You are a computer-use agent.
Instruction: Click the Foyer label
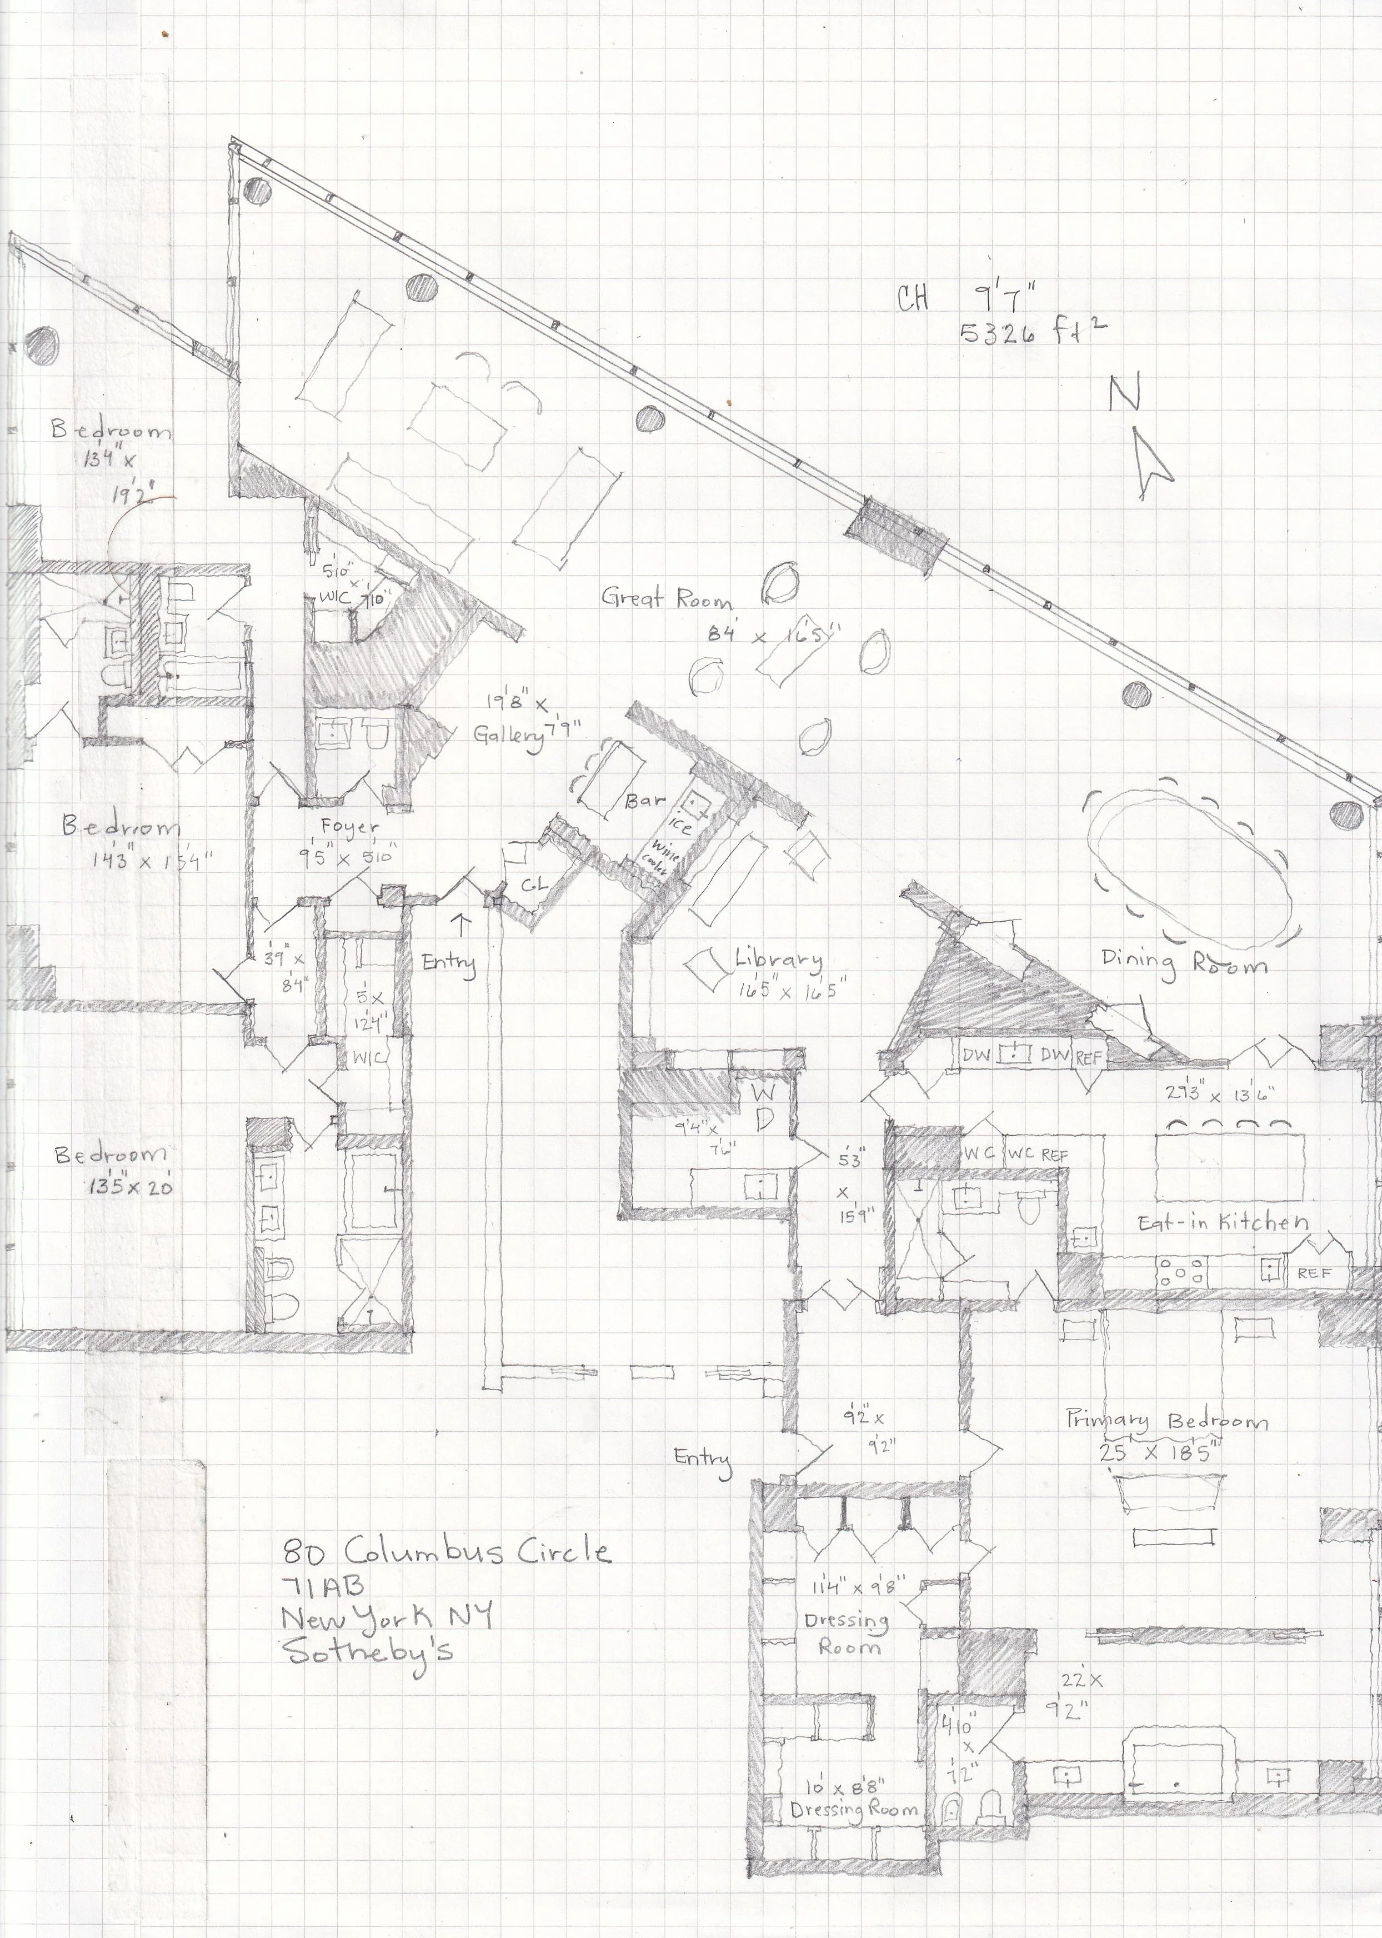tap(350, 826)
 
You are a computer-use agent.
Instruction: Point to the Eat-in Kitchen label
tap(1224, 1223)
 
